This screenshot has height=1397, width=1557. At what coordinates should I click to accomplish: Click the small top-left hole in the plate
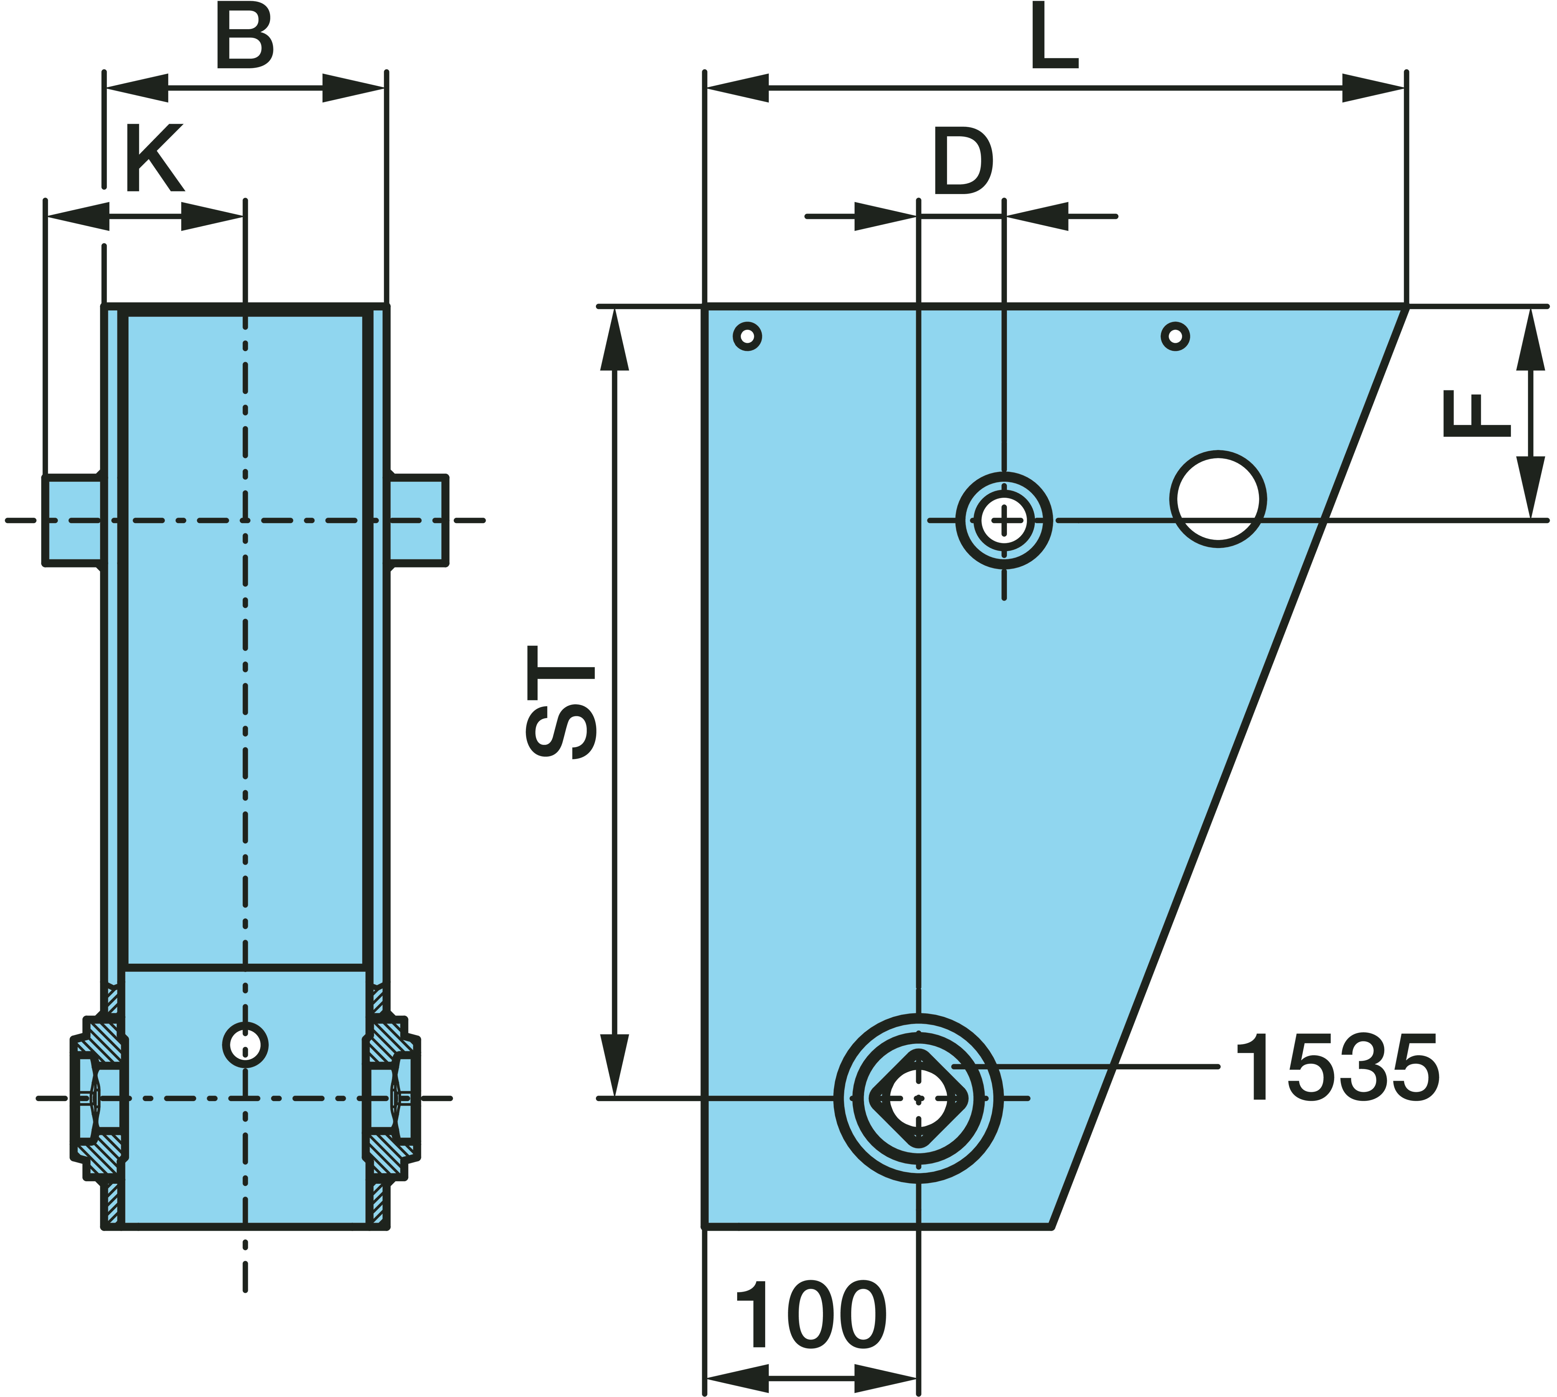click(x=747, y=336)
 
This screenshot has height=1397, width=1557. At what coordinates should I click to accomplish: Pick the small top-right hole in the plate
click(x=1175, y=336)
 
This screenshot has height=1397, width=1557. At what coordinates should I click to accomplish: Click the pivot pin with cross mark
click(x=1004, y=521)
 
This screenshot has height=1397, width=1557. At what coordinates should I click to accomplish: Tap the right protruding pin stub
click(x=418, y=521)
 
